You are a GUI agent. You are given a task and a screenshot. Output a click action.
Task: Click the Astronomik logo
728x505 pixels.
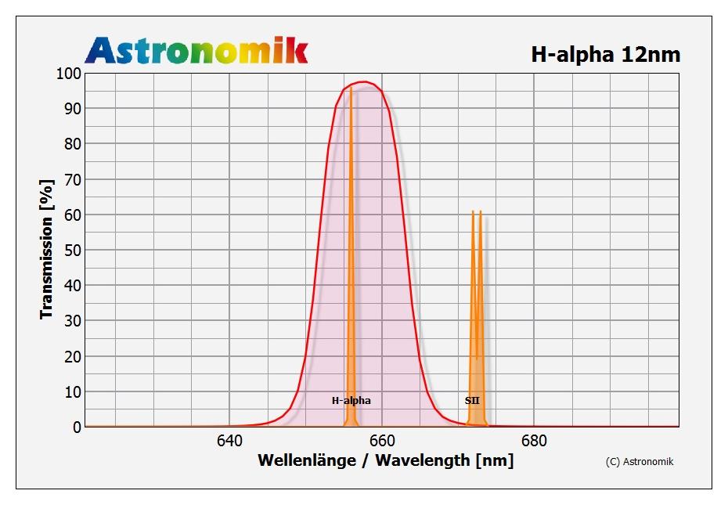[196, 50]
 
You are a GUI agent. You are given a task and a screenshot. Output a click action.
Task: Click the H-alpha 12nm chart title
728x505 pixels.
[605, 54]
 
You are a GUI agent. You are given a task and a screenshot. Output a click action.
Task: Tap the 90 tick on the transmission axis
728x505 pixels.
[70, 109]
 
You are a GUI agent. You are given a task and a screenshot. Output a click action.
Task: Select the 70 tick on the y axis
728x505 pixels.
[70, 179]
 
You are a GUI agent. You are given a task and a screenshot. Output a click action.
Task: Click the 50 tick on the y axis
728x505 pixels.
[70, 251]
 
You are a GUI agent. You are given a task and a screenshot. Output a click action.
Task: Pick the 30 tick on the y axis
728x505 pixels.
[70, 321]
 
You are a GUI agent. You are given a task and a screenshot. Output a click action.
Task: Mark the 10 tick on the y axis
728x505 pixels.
[70, 391]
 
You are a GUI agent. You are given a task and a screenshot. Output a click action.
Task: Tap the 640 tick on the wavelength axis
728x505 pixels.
[229, 442]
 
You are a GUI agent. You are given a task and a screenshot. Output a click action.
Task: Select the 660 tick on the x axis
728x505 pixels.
[382, 442]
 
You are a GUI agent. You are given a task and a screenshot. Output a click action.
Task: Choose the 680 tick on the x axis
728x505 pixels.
[534, 442]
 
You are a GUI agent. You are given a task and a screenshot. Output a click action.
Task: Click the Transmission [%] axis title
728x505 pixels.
[46, 250]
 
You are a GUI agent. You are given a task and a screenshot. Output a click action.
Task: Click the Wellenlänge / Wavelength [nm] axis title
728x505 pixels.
[386, 460]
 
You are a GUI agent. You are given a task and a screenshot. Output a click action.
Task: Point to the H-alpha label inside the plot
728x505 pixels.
[351, 401]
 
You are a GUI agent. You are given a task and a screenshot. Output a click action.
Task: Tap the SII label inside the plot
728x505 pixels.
[472, 401]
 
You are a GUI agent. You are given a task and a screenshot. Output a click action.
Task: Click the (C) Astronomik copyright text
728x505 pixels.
[640, 461]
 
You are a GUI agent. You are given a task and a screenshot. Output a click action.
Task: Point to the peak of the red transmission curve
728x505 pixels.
[364, 81]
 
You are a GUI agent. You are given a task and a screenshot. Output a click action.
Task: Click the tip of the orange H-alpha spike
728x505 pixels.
[351, 88]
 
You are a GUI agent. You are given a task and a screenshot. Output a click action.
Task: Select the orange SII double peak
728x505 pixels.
[477, 235]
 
